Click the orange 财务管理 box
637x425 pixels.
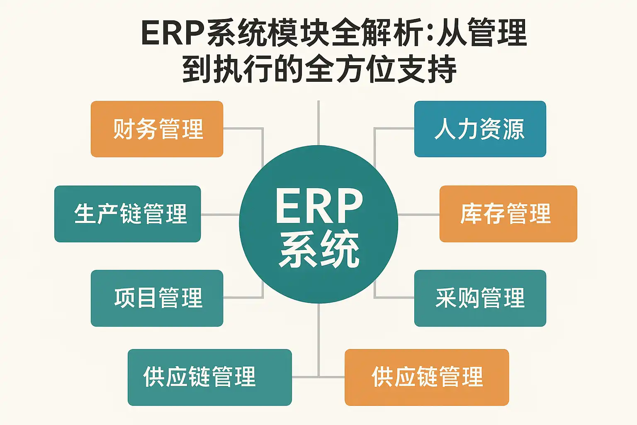(x=157, y=129)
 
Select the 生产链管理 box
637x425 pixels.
(x=127, y=214)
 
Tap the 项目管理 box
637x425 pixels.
(x=157, y=298)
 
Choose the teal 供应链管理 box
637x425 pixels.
(x=209, y=377)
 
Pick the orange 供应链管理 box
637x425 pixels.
(x=427, y=377)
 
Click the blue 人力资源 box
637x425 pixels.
(x=480, y=129)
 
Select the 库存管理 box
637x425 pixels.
(x=508, y=214)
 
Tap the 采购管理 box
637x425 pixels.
(x=480, y=298)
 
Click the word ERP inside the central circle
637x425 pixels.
(x=318, y=206)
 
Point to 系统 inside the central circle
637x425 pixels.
(x=318, y=249)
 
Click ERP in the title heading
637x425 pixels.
(x=173, y=33)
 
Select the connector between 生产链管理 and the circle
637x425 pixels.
(x=220, y=215)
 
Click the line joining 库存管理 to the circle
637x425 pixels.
(x=418, y=215)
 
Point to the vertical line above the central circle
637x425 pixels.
(x=318, y=122)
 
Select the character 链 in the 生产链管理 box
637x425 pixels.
(x=131, y=214)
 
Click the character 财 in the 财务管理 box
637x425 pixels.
(x=123, y=129)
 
